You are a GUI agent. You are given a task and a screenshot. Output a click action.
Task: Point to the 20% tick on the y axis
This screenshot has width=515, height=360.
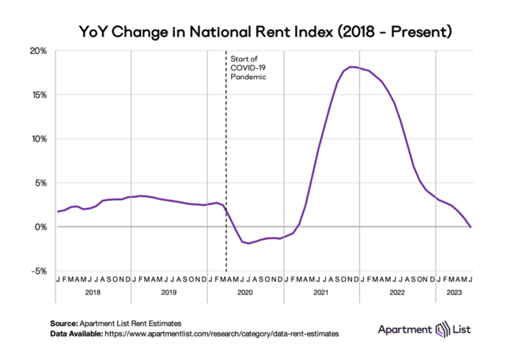pyautogui.click(x=37, y=51)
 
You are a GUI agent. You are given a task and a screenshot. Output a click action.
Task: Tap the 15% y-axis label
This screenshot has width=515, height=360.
pyautogui.click(x=37, y=95)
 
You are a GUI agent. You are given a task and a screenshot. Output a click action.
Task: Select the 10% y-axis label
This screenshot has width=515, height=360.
pyautogui.click(x=37, y=138)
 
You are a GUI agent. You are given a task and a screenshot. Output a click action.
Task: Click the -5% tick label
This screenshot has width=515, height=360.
pyautogui.click(x=37, y=271)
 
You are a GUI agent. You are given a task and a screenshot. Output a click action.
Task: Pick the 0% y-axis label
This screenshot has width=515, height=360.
pyautogui.click(x=40, y=227)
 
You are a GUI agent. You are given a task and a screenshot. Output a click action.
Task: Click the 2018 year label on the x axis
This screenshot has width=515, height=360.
pyautogui.click(x=93, y=292)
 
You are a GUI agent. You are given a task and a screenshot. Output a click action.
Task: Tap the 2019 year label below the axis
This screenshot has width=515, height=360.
pyautogui.click(x=169, y=292)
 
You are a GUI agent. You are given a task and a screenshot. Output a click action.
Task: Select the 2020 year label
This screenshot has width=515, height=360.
pyautogui.click(x=244, y=292)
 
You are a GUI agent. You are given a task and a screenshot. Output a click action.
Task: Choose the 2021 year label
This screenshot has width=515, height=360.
pyautogui.click(x=320, y=292)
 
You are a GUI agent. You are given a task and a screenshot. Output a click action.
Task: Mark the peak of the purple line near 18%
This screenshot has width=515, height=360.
pyautogui.click(x=352, y=66)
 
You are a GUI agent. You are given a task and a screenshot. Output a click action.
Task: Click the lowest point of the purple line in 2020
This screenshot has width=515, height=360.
pyautogui.click(x=249, y=243)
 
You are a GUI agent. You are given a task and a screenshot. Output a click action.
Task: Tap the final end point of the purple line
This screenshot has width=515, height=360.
pyautogui.click(x=471, y=227)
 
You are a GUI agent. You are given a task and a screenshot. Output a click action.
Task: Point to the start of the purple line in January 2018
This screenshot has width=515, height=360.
pyautogui.click(x=57, y=212)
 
